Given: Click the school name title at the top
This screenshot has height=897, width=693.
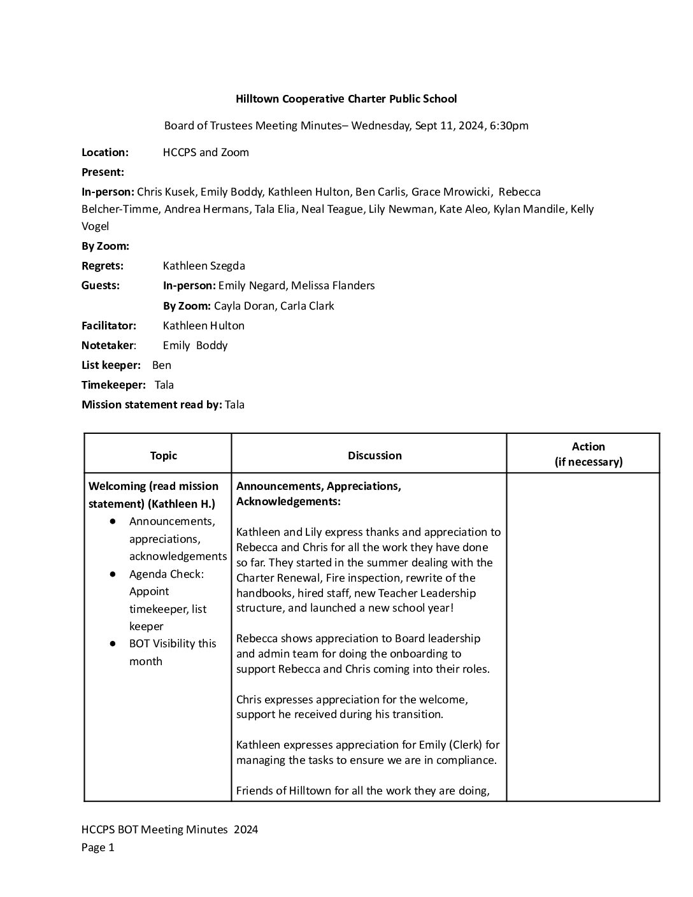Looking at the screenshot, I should [346, 99].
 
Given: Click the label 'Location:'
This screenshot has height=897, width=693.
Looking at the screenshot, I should [105, 152].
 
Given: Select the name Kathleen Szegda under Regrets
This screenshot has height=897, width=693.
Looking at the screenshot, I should [204, 266].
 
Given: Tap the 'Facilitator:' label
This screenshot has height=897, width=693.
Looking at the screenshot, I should [109, 326].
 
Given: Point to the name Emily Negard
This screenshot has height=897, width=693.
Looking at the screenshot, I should [252, 285].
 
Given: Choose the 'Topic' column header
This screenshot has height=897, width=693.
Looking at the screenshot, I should [164, 456].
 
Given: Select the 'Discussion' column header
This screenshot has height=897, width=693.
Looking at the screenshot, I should [375, 456].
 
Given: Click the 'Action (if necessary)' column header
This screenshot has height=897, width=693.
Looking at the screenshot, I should [588, 454].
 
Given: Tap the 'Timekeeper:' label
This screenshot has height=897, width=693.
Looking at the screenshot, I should [113, 385].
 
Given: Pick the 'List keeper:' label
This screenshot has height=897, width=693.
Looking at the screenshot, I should [111, 365].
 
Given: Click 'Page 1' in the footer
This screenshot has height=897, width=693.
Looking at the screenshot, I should [98, 847].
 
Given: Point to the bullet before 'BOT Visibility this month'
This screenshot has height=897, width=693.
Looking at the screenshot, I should [113, 643].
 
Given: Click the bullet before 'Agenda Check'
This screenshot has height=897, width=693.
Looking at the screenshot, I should [113, 574].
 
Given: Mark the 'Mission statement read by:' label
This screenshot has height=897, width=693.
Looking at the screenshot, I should [152, 405].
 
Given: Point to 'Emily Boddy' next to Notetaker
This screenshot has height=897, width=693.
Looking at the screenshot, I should [195, 345].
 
